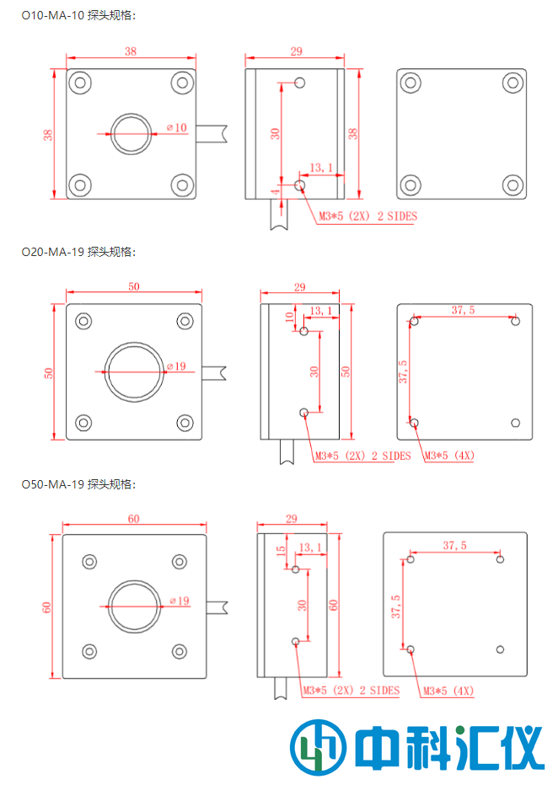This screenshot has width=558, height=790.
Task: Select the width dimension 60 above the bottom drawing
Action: (x=133, y=519)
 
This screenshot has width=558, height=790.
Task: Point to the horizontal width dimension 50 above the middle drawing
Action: (x=133, y=287)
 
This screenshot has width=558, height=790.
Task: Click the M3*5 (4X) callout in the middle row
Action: (x=448, y=456)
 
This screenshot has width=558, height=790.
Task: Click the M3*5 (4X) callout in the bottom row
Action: (x=448, y=691)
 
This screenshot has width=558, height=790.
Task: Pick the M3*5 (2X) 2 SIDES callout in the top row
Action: (x=368, y=216)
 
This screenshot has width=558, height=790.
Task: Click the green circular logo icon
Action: (x=319, y=747)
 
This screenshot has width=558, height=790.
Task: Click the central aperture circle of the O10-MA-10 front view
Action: (x=131, y=133)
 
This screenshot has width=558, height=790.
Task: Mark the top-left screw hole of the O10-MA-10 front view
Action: (x=80, y=83)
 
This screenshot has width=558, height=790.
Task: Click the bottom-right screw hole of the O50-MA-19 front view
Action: (x=179, y=650)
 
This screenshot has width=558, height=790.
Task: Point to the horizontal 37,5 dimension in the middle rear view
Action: (x=463, y=310)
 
